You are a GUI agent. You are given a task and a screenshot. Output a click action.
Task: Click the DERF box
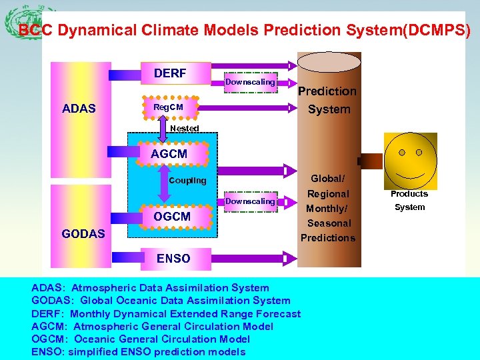pyautogui.click(x=171, y=73)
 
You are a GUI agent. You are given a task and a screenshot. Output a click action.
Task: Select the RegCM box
pyautogui.click(x=169, y=107)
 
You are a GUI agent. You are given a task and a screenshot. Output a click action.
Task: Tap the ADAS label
pyautogui.click(x=79, y=109)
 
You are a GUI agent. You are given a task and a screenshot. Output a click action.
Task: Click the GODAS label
pyautogui.click(x=83, y=233)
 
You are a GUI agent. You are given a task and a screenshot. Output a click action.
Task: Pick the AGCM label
pyautogui.click(x=169, y=153)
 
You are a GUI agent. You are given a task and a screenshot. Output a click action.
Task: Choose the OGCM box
pyautogui.click(x=172, y=217)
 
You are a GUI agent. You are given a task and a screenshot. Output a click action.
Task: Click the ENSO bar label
pyautogui.click(x=173, y=259)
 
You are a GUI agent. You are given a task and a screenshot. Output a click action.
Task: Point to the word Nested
pyautogui.click(x=185, y=128)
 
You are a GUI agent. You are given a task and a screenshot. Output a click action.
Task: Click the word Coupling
pyautogui.click(x=188, y=181)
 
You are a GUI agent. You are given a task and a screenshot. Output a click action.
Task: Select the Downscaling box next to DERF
pyautogui.click(x=250, y=82)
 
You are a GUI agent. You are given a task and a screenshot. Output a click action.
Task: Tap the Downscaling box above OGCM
pyautogui.click(x=250, y=201)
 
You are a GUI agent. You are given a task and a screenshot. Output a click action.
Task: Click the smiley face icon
pyautogui.click(x=410, y=160)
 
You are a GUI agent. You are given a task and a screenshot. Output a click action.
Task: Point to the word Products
pyautogui.click(x=409, y=194)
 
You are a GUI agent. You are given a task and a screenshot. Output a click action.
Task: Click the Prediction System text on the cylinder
pyautogui.click(x=327, y=100)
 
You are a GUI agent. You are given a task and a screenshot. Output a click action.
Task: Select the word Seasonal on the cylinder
pyautogui.click(x=329, y=223)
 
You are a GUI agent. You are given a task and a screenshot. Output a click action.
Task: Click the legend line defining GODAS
pyautogui.click(x=161, y=301)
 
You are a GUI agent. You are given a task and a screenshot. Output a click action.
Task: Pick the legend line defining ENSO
pyautogui.click(x=138, y=352)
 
